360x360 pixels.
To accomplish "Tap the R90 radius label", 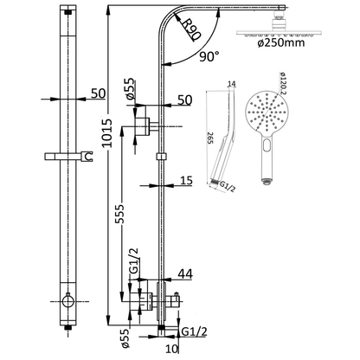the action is (190, 30).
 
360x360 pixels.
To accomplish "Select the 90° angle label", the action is (209, 56).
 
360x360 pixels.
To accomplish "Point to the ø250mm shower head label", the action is (280, 43).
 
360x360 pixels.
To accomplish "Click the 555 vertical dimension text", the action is (119, 214).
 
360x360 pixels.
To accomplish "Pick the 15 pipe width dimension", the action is (186, 181).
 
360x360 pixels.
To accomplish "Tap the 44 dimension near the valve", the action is (185, 274).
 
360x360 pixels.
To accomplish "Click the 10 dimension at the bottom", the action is (172, 349).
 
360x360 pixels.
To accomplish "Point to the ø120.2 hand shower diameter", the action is (281, 83).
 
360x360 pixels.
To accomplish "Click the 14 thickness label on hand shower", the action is (232, 84).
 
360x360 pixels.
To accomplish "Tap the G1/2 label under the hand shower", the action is (228, 186).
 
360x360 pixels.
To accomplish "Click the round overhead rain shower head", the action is (279, 32).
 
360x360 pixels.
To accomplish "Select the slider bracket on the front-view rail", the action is (68, 156).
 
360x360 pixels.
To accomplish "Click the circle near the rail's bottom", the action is (68, 301).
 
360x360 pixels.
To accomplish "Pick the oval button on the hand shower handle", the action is (267, 145).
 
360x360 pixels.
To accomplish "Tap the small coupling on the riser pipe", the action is (162, 156).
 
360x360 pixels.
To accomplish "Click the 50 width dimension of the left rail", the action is (98, 93).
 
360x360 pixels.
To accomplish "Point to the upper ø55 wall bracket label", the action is (130, 89).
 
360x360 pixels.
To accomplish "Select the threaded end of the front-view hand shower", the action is (267, 181).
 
